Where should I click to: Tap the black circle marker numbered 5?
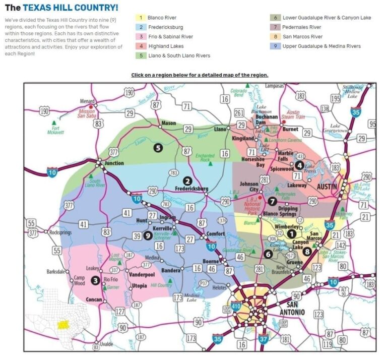click(158, 148)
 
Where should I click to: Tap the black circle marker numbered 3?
click(95, 280)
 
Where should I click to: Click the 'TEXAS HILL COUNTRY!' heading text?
click(71, 8)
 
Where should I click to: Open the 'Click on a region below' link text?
click(200, 75)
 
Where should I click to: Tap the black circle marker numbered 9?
click(148, 235)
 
